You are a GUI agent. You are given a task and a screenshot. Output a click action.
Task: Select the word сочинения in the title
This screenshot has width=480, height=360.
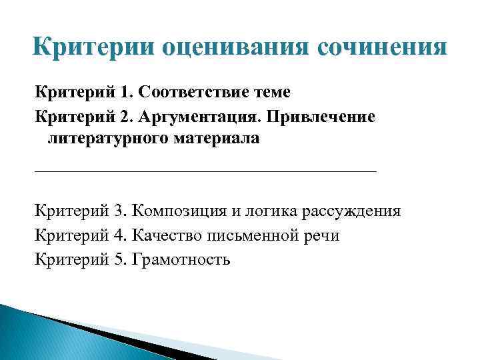click(381, 49)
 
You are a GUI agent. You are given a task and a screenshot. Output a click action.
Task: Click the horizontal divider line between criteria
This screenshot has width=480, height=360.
click(205, 171)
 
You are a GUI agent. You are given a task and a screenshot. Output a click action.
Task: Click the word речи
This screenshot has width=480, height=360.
click(321, 235)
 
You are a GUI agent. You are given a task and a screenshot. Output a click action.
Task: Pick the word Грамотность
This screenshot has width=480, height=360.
click(181, 259)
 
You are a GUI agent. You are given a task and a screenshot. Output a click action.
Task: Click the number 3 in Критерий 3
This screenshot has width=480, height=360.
click(119, 212)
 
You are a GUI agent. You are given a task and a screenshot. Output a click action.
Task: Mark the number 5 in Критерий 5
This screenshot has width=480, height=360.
click(119, 259)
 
